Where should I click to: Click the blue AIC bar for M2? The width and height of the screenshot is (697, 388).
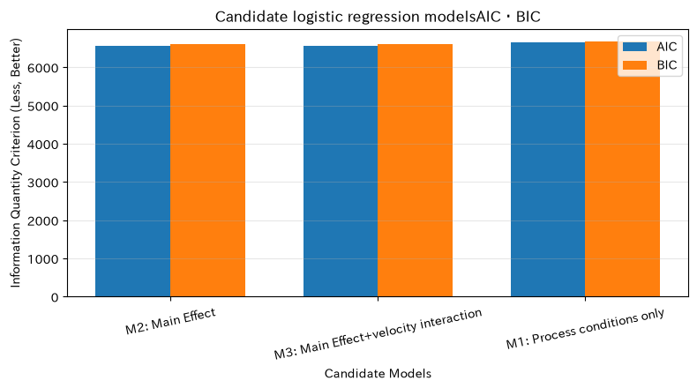[x=133, y=171]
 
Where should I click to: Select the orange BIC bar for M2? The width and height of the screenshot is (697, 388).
[x=207, y=170]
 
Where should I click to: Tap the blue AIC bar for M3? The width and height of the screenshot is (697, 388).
[x=341, y=171]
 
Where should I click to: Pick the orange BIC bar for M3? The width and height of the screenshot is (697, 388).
[x=416, y=170]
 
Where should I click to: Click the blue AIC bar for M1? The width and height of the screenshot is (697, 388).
[x=548, y=169]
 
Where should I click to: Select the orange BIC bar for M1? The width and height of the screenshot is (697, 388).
[x=622, y=169]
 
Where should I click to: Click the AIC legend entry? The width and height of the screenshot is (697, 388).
[x=649, y=47]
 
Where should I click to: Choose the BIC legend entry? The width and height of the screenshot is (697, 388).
[x=649, y=65]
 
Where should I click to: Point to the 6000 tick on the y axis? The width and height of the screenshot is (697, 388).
[x=43, y=68]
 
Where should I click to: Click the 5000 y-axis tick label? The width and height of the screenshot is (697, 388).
[x=43, y=106]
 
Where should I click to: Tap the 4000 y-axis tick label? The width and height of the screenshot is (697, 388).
[x=43, y=145]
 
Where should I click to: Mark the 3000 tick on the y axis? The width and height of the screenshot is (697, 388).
[x=43, y=183]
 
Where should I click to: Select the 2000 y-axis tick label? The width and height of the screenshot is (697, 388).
[x=43, y=220]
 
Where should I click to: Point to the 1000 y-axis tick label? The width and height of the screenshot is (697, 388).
[x=43, y=259]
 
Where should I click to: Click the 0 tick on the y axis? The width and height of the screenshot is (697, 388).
[x=55, y=297]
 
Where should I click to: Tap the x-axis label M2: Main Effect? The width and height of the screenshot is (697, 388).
[x=170, y=321]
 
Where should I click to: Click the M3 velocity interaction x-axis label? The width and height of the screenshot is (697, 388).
[x=378, y=333]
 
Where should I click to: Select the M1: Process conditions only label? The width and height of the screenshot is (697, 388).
[x=585, y=328]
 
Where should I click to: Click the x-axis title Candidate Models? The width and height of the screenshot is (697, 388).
[x=378, y=373]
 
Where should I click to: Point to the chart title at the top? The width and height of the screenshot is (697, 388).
[x=378, y=17]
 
